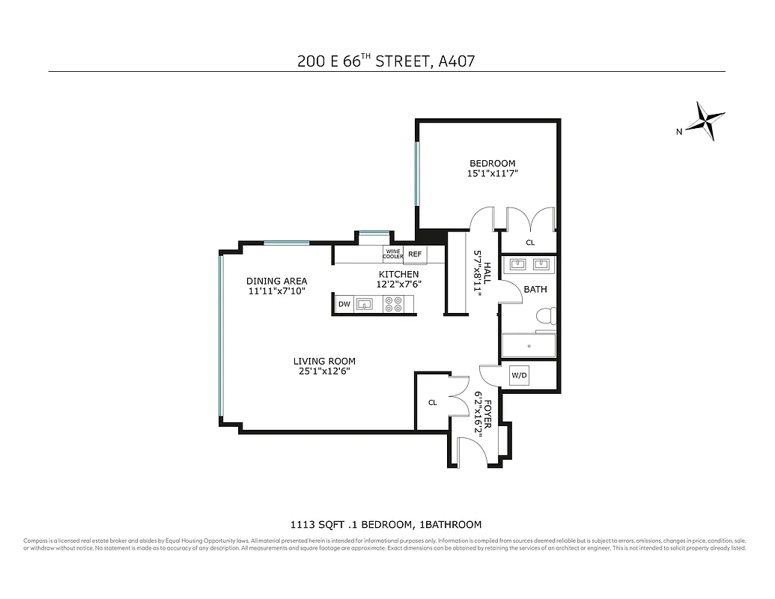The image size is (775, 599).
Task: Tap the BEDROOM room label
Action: [492, 163]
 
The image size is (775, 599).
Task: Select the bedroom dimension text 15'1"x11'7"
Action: [492, 174]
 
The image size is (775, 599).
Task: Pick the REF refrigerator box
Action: [415, 255]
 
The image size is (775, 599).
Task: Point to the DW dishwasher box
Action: [344, 304]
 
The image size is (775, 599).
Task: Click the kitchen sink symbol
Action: [365, 304]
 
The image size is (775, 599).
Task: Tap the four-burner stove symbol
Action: [393, 304]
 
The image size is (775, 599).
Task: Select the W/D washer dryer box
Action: [519, 375]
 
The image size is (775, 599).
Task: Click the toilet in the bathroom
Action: [547, 318]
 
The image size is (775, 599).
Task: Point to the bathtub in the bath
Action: [529, 345]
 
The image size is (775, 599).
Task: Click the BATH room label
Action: [535, 289]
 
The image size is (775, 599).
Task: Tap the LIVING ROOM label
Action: [323, 361]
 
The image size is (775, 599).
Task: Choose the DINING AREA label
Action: [276, 282]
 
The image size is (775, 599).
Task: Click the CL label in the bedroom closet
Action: [529, 243]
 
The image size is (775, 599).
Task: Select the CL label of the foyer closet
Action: [432, 403]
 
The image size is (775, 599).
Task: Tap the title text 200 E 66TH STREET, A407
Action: [386, 61]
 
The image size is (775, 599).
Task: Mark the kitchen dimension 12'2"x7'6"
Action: [398, 285]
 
